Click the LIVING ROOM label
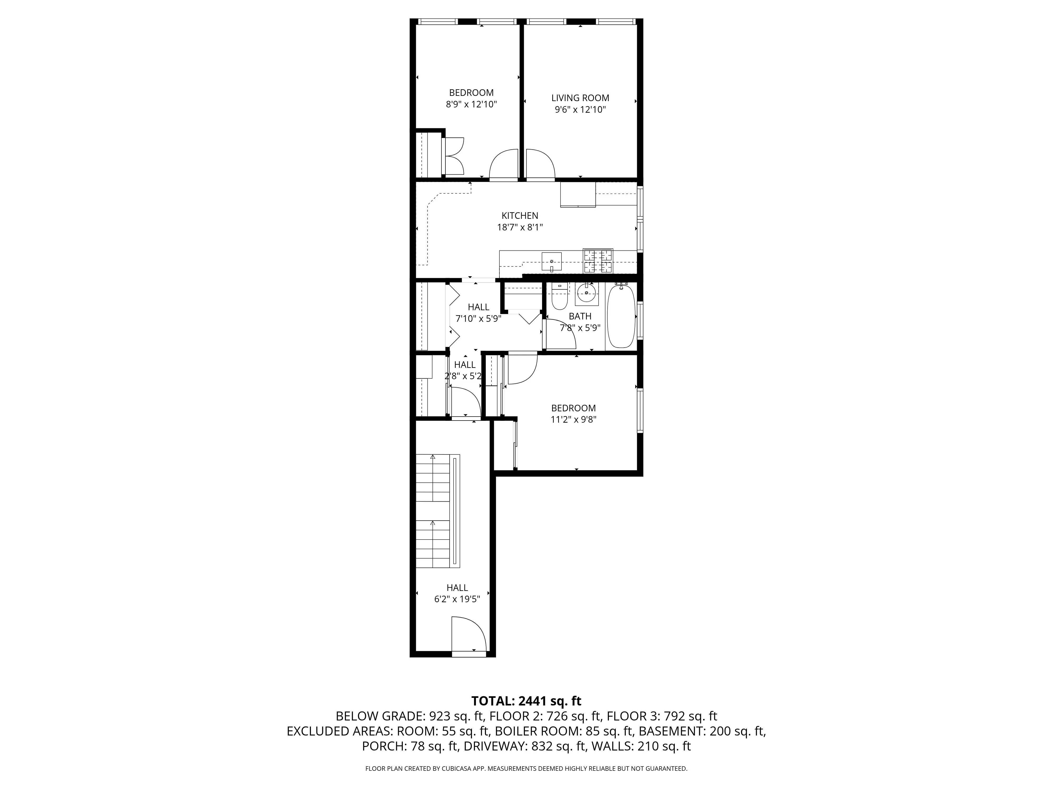tap(580, 98)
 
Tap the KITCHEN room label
tap(520, 216)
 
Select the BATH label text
tap(580, 316)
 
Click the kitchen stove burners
tap(598, 261)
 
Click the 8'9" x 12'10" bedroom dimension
tap(471, 104)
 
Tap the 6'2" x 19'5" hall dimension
tap(457, 600)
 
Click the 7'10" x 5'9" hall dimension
tap(478, 319)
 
